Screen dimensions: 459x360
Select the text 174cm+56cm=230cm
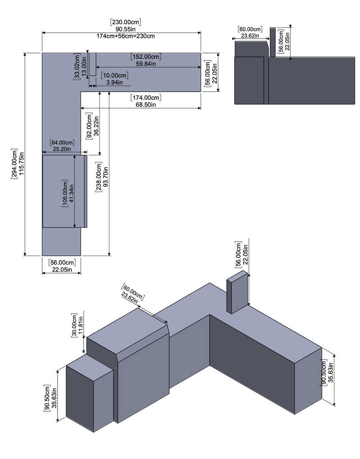coord(121,36)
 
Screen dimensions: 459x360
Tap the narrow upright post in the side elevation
coord(272,42)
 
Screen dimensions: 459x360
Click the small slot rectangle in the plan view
coord(92,64)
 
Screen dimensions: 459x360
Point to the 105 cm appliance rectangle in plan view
coord(63,192)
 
